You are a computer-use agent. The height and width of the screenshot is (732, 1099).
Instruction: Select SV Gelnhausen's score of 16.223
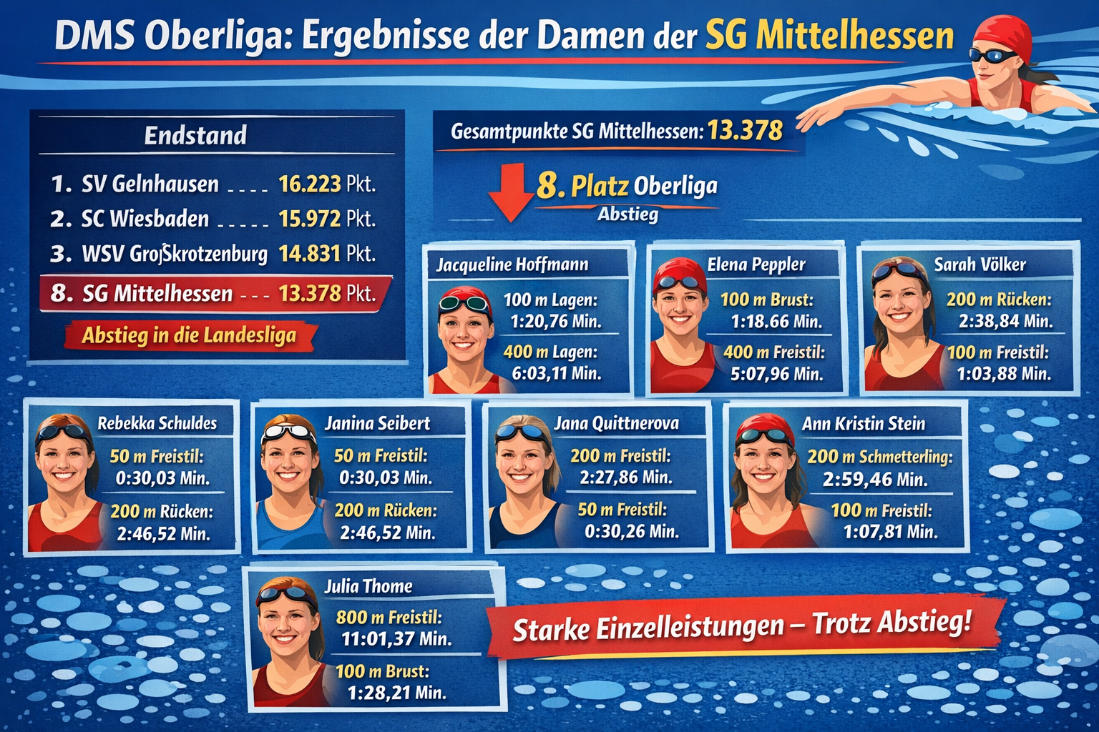(x=309, y=184)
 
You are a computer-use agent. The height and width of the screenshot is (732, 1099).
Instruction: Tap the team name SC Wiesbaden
(x=145, y=219)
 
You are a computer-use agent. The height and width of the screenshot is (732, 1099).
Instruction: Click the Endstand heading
(x=195, y=135)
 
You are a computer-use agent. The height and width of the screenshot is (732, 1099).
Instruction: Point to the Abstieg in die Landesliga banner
(x=189, y=335)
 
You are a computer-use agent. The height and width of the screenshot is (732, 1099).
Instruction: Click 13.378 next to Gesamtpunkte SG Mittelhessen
(x=745, y=130)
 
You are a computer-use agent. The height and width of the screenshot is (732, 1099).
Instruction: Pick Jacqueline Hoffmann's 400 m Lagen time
(x=556, y=373)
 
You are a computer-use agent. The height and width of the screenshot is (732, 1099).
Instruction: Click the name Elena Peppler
(x=756, y=265)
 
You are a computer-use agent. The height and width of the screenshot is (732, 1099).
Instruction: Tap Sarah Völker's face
(x=899, y=303)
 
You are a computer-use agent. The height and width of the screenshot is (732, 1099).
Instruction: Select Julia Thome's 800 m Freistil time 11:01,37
(x=396, y=639)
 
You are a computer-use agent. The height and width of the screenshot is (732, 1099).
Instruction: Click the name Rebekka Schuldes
(x=157, y=423)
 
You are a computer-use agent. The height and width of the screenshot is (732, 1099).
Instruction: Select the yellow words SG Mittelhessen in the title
(x=829, y=36)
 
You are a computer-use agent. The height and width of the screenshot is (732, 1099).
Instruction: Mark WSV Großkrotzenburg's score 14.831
(x=309, y=254)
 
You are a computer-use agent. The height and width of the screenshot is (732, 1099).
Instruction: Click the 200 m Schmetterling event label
(x=879, y=457)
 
